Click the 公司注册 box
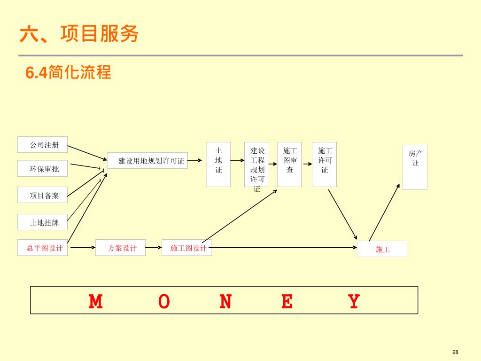click(42, 145)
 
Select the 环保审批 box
click(42, 169)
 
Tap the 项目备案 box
click(42, 196)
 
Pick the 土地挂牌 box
click(42, 222)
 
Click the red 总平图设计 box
click(42, 248)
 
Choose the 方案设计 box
click(120, 248)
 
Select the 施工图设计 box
click(186, 248)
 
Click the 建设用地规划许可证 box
click(147, 161)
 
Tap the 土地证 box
click(218, 164)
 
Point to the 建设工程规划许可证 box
click(256, 165)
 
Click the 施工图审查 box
click(289, 164)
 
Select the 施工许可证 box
click(324, 164)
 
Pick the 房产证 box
click(415, 167)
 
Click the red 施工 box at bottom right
click(382, 249)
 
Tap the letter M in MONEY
click(96, 301)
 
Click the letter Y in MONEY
click(354, 301)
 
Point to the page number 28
click(455, 353)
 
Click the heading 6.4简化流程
click(68, 73)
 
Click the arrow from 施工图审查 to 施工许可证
click(307, 164)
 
